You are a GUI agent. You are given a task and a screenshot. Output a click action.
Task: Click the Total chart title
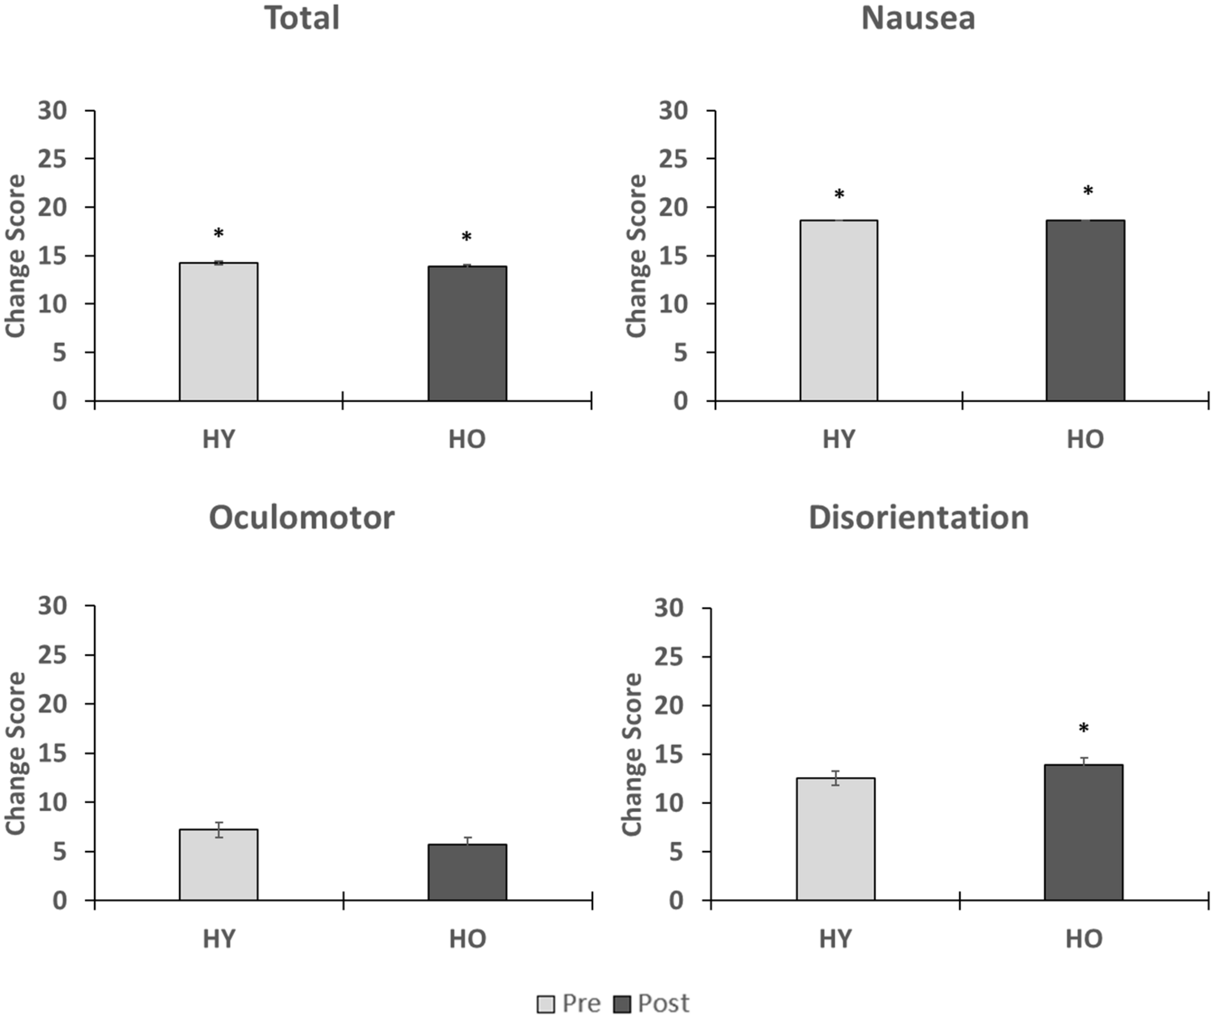click(x=302, y=18)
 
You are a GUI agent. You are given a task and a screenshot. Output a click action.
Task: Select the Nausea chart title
click(x=918, y=18)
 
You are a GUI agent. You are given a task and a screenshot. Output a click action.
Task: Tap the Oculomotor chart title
click(x=302, y=517)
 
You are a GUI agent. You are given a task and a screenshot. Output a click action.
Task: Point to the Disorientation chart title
click(x=918, y=517)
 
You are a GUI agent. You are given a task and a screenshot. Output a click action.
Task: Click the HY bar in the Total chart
click(x=219, y=332)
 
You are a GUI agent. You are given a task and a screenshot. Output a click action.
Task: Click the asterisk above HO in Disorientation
click(x=1084, y=729)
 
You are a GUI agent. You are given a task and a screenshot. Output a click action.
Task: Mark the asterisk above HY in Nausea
click(x=839, y=195)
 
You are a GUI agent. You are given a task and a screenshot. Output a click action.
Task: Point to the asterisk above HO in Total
click(x=467, y=237)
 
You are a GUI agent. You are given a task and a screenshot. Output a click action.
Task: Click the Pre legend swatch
click(x=545, y=1004)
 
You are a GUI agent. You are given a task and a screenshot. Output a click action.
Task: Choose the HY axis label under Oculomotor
click(x=219, y=939)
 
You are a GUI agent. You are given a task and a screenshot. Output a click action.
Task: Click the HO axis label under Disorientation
click(x=1084, y=939)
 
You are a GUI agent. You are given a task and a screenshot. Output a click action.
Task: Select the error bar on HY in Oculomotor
click(x=219, y=830)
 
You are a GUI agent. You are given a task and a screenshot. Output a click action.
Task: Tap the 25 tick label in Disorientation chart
click(x=670, y=657)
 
